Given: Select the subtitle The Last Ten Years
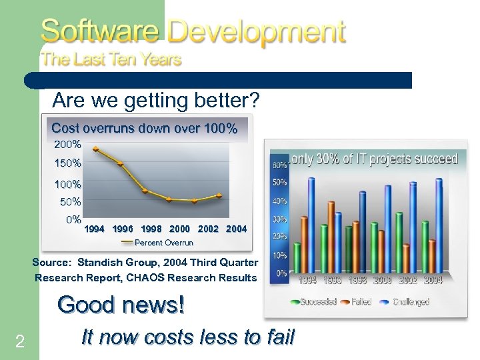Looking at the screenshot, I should pyautogui.click(x=111, y=59).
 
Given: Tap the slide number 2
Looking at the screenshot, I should pyautogui.click(x=20, y=342).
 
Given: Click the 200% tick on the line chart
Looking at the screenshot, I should pyautogui.click(x=68, y=144).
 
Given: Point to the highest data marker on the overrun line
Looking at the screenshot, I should pyautogui.click(x=95, y=149).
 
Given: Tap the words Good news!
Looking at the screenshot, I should pyautogui.click(x=121, y=305).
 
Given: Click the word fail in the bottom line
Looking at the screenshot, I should pyautogui.click(x=275, y=337).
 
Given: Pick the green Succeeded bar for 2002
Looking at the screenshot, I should pyautogui.click(x=399, y=243).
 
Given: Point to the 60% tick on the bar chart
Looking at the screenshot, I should pyautogui.click(x=279, y=163).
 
